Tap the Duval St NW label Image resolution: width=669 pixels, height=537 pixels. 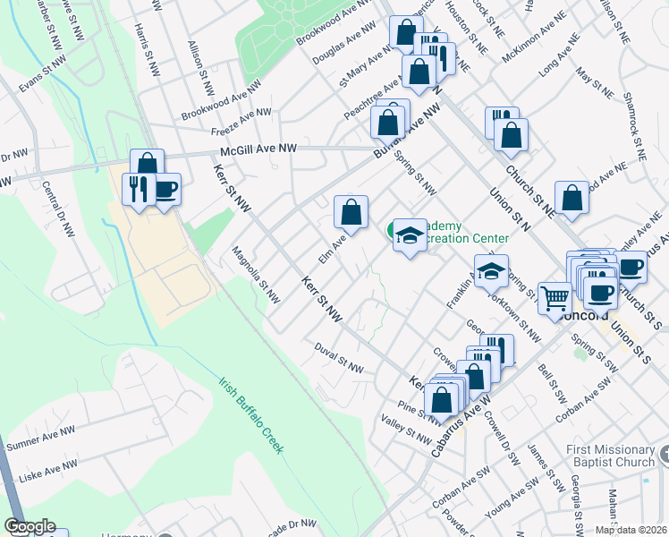coord(338,360)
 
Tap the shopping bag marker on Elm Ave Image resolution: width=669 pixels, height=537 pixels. coord(351,213)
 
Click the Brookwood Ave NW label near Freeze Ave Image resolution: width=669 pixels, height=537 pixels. coord(220,103)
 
